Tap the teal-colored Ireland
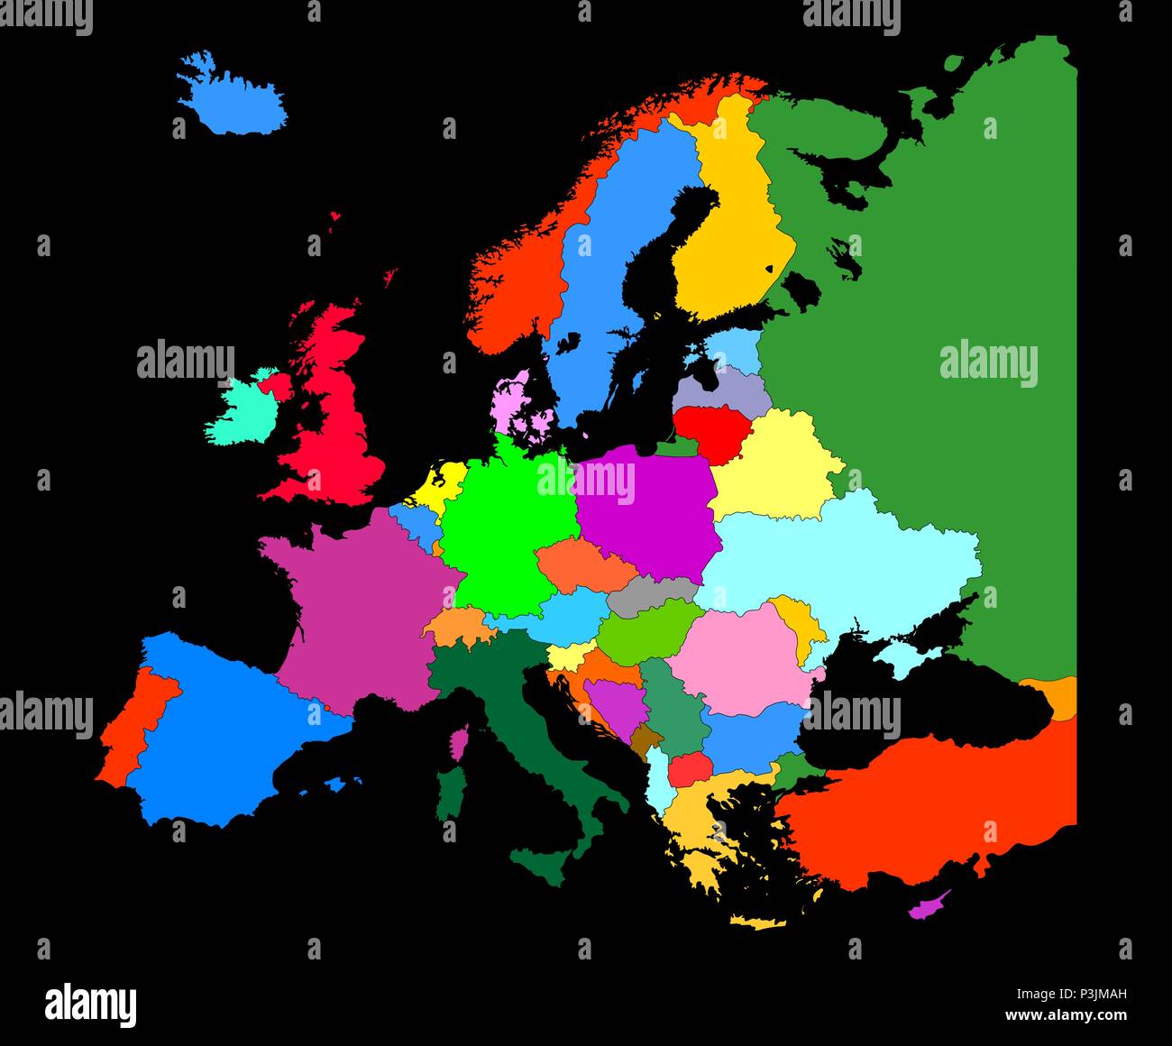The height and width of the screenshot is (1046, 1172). (243, 411)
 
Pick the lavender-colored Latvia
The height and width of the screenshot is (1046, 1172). (721, 388)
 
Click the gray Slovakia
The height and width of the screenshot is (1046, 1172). (651, 592)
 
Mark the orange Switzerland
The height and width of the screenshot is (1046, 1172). (456, 625)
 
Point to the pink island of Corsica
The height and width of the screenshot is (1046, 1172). (460, 743)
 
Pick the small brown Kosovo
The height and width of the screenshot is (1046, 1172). (646, 741)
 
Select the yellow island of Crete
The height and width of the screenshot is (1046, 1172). (755, 922)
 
